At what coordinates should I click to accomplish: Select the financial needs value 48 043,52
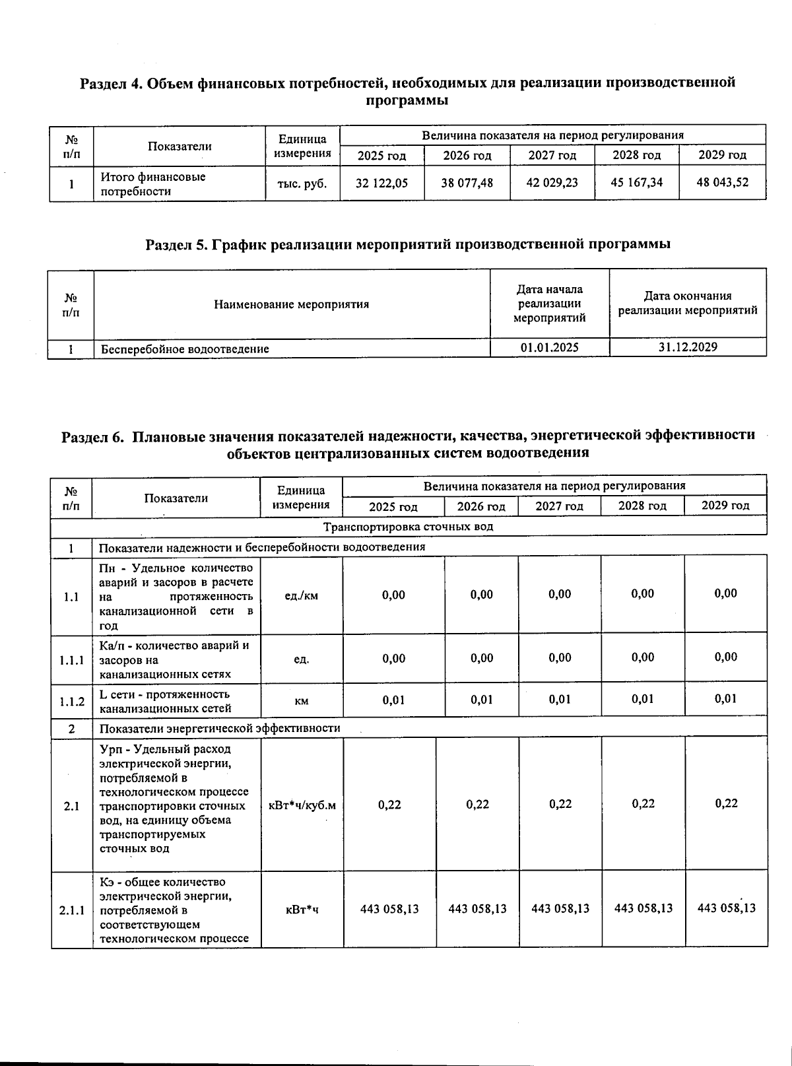722,183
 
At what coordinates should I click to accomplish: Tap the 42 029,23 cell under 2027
552,183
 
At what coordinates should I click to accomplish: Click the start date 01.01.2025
549,347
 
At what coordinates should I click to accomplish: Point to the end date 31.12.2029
688,347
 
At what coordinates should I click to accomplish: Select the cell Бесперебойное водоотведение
184,349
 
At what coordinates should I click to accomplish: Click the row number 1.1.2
72,701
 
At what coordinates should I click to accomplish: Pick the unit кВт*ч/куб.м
302,805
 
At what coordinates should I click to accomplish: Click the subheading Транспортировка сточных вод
408,527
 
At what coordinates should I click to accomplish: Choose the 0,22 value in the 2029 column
726,803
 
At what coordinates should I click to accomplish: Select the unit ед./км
301,595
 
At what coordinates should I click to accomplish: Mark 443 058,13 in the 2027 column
560,909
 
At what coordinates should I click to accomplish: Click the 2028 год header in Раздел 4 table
636,156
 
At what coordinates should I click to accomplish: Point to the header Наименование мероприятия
291,304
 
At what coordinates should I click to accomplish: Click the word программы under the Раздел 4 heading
407,101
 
